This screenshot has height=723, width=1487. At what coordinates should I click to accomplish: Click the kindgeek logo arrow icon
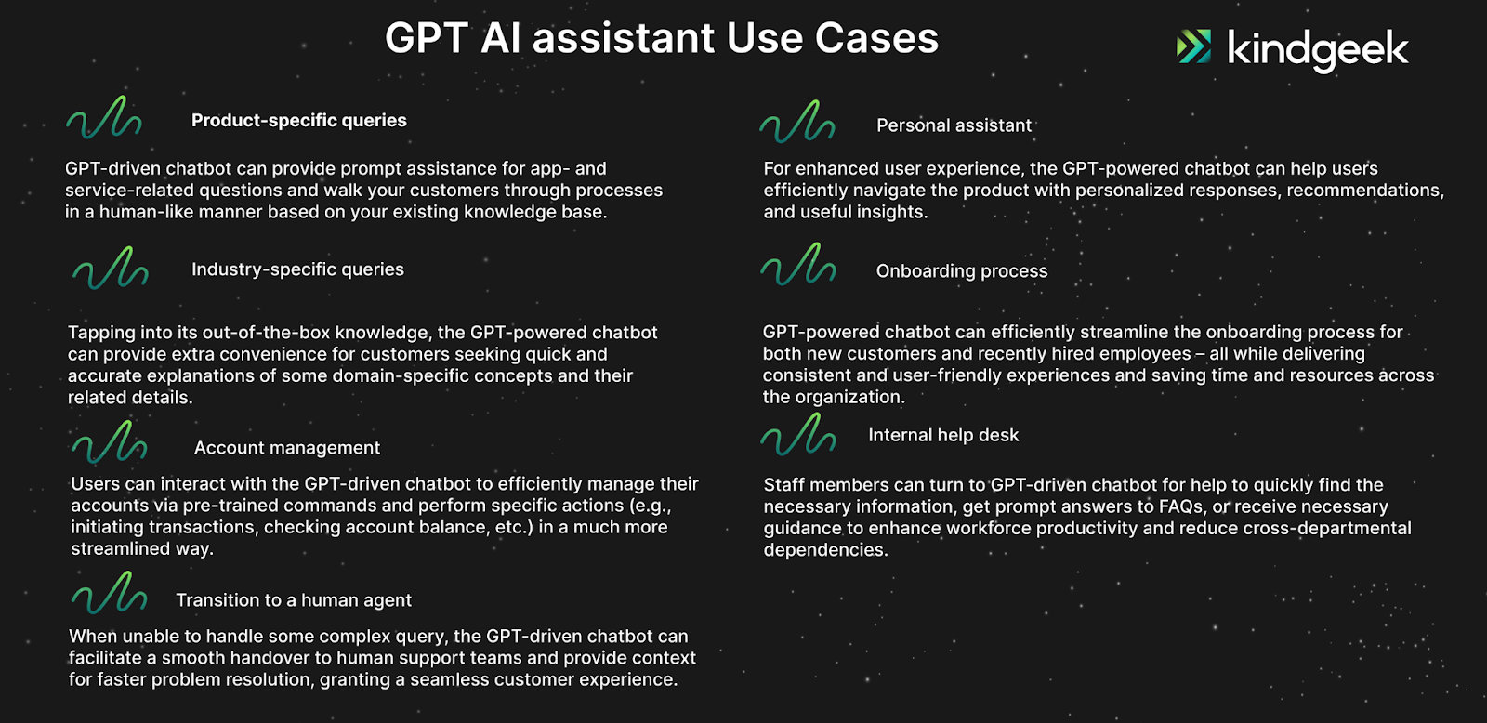click(x=1193, y=46)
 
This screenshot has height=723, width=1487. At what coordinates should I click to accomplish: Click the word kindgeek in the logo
click(x=1318, y=50)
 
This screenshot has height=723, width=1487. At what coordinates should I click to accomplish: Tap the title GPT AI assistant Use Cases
click(x=662, y=38)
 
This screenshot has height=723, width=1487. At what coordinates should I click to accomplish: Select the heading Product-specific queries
click(x=298, y=120)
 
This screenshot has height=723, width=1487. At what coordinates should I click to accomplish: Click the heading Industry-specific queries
click(x=297, y=269)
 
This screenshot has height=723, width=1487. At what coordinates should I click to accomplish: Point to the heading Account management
click(x=287, y=448)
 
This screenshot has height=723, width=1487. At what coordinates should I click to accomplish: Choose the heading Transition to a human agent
click(x=294, y=600)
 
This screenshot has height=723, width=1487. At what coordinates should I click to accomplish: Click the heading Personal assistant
click(x=954, y=125)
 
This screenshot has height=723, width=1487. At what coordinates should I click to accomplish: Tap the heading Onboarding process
click(x=962, y=270)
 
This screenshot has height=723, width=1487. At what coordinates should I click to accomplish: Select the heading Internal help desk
click(x=943, y=435)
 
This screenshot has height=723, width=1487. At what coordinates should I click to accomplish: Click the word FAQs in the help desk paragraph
click(x=1183, y=507)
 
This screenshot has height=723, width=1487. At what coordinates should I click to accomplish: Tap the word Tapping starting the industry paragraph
click(x=103, y=334)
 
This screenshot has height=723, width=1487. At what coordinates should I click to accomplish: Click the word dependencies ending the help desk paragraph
click(x=825, y=550)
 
